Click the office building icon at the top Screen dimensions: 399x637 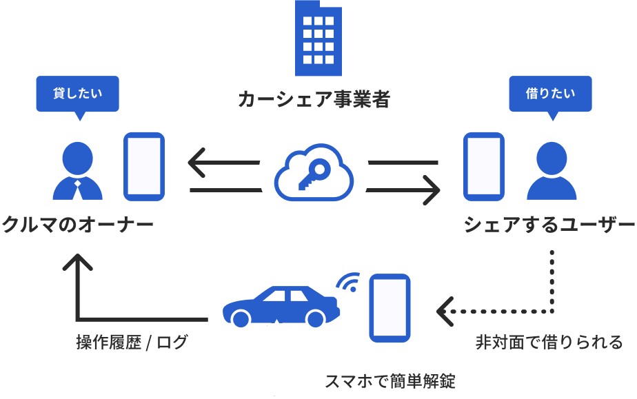click(318, 38)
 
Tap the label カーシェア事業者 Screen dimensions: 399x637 click(314, 100)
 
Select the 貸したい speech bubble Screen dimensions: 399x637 click(77, 94)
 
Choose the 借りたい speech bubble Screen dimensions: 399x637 click(550, 94)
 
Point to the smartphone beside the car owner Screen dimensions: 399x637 click(143, 165)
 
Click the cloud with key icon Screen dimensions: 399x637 click(314, 174)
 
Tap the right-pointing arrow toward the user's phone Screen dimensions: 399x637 click(404, 188)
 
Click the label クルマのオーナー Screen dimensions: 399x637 click(77, 225)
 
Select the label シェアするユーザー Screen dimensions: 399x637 click(549, 225)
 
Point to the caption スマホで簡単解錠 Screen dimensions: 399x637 click(390, 381)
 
